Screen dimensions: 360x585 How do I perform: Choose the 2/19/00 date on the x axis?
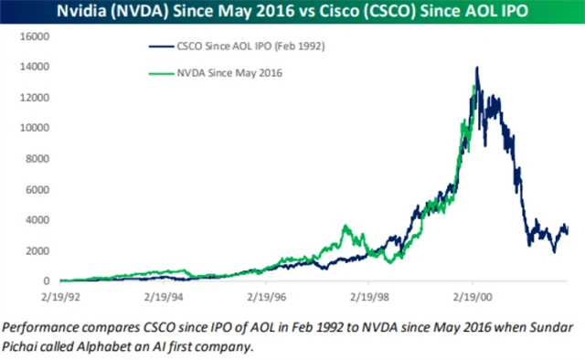(x=474, y=296)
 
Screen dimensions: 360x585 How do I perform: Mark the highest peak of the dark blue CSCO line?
(x=476, y=68)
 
